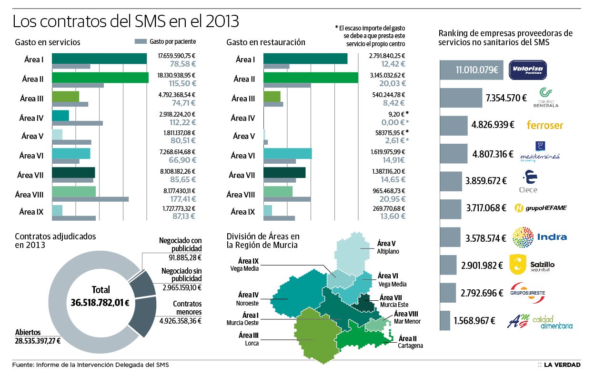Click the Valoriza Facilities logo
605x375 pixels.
coord(528,70)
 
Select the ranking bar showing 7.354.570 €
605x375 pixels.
coord(460,98)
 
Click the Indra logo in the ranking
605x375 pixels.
coord(539,237)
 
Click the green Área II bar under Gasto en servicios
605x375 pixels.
coord(100,77)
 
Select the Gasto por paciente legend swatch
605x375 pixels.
coord(141,42)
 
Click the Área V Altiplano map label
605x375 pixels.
coord(388,247)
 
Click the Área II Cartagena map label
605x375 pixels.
coord(410,342)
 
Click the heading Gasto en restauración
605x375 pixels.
coord(265,42)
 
